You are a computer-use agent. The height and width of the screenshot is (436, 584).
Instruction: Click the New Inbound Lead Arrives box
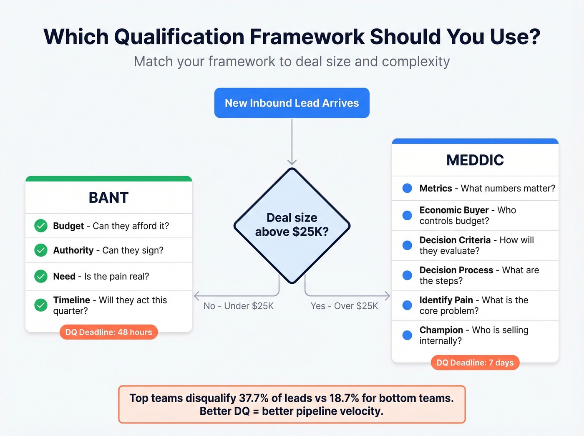coord(292,103)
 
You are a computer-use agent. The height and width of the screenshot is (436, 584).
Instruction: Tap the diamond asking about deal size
coord(292,225)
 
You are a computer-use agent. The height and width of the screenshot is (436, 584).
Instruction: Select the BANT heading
coord(108,197)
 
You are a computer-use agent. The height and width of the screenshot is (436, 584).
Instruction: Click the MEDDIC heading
coord(475,160)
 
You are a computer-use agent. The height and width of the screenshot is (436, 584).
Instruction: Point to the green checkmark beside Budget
coord(41,226)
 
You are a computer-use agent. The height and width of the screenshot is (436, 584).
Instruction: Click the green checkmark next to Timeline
coord(41,305)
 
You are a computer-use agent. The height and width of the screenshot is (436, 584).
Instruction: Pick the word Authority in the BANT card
coord(73,250)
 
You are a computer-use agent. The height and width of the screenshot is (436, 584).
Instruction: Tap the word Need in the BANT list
coord(64,276)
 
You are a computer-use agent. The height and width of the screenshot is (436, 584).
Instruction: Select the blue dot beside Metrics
coord(407,188)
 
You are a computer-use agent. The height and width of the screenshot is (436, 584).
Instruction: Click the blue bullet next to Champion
coord(407,335)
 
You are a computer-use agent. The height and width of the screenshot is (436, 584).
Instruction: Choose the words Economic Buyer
coord(454,210)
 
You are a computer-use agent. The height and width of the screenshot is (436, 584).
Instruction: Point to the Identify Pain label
coord(446,300)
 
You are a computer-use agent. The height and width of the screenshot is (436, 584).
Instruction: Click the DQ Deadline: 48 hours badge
coord(108,332)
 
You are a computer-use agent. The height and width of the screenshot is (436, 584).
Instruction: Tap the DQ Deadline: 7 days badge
coord(475,363)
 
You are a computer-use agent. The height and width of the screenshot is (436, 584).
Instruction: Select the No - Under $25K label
coord(239,306)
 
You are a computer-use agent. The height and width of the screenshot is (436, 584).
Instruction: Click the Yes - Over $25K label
coord(344,306)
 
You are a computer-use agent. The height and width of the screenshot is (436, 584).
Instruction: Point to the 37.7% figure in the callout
coord(254,398)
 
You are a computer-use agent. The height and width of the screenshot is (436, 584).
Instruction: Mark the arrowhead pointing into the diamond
coord(292,162)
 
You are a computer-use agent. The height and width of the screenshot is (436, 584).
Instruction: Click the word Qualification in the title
coord(185,37)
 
